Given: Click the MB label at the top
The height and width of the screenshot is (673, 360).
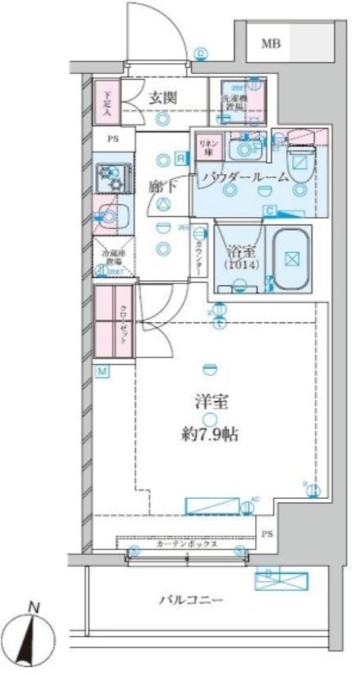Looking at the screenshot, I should click(x=271, y=44).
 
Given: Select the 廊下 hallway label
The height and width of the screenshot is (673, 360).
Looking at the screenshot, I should click(x=161, y=187).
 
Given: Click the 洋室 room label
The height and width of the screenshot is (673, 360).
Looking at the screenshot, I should click(x=211, y=402).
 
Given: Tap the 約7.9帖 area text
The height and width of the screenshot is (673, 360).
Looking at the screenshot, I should click(x=211, y=435).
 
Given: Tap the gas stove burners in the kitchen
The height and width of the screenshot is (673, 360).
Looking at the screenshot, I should click(x=110, y=178).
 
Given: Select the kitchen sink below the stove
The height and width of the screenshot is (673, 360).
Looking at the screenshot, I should click(x=109, y=214).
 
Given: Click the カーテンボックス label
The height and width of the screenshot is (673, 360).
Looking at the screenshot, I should click(x=188, y=544).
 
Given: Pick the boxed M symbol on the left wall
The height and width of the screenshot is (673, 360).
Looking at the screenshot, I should click(x=100, y=372).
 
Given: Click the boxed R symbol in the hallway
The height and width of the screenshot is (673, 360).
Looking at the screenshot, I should click(x=181, y=156).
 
